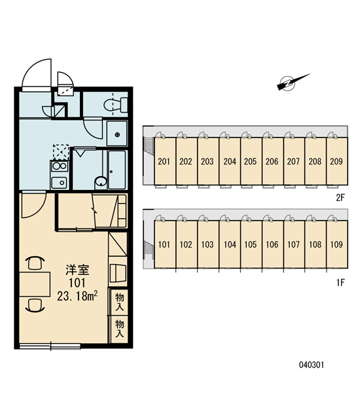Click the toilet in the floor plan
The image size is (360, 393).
116,105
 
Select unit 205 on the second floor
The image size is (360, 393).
251,161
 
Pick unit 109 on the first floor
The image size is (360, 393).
337,244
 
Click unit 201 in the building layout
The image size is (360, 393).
164,161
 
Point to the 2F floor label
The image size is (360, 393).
340,198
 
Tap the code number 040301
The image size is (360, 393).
312,365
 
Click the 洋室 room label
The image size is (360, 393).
77,270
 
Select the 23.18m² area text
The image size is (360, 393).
77,296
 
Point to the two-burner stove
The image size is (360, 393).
60,166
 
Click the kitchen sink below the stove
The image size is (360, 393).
59,183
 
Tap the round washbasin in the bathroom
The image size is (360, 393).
101,181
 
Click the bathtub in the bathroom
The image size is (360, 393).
117,170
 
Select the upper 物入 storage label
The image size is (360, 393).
120,302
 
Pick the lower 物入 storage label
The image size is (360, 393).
120,329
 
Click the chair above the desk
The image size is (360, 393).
35,263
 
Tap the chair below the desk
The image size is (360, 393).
35,305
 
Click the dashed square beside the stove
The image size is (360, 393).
61,152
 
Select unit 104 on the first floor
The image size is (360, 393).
230,244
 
